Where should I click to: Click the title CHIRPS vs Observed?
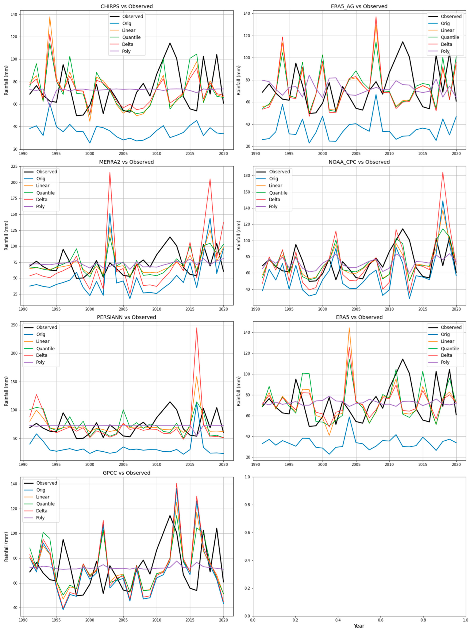tap(127, 6)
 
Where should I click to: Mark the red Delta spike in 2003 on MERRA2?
tap(110, 172)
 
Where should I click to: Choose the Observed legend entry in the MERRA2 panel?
tap(46, 172)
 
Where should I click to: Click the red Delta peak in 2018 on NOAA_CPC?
tap(443, 172)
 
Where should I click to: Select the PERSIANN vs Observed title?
tap(127, 317)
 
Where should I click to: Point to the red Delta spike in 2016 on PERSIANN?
tap(197, 328)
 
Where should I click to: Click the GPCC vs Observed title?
tap(127, 473)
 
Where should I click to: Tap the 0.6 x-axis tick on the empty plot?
tap(380, 620)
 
